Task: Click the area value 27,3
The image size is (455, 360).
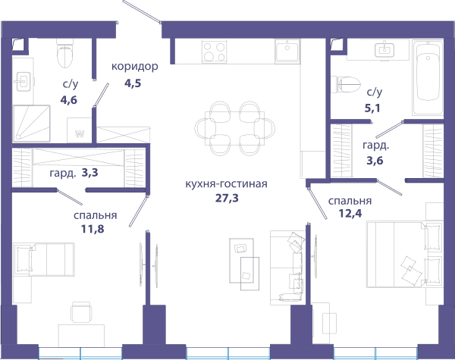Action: pyautogui.click(x=227, y=198)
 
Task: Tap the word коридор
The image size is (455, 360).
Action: pyautogui.click(x=135, y=67)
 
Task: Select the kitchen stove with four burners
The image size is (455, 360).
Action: pyautogui.click(x=215, y=52)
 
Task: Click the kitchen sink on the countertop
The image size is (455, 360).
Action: pyautogui.click(x=287, y=51)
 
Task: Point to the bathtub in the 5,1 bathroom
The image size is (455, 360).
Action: pyautogui.click(x=428, y=78)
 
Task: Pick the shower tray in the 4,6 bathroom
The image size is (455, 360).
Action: pyautogui.click(x=32, y=124)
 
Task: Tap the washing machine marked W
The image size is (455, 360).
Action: pyautogui.click(x=79, y=130)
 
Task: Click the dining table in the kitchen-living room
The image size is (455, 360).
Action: pyautogui.click(x=235, y=129)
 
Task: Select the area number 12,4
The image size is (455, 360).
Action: pyautogui.click(x=350, y=214)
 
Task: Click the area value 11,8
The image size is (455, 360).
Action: pyautogui.click(x=93, y=229)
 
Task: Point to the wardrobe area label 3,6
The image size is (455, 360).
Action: pyautogui.click(x=375, y=160)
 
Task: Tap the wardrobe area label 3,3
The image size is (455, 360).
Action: pyautogui.click(x=89, y=173)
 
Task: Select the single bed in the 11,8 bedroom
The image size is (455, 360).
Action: pyautogui.click(x=44, y=259)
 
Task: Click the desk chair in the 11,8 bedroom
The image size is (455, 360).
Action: pyautogui.click(x=82, y=312)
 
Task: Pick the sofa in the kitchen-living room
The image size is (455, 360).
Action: pyautogui.click(x=287, y=268)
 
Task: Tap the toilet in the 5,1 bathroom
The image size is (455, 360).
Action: pyautogui.click(x=346, y=84)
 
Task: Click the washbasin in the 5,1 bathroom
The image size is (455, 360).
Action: pyautogui.click(x=384, y=50)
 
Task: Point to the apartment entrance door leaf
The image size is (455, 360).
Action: pyautogui.click(x=141, y=11)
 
